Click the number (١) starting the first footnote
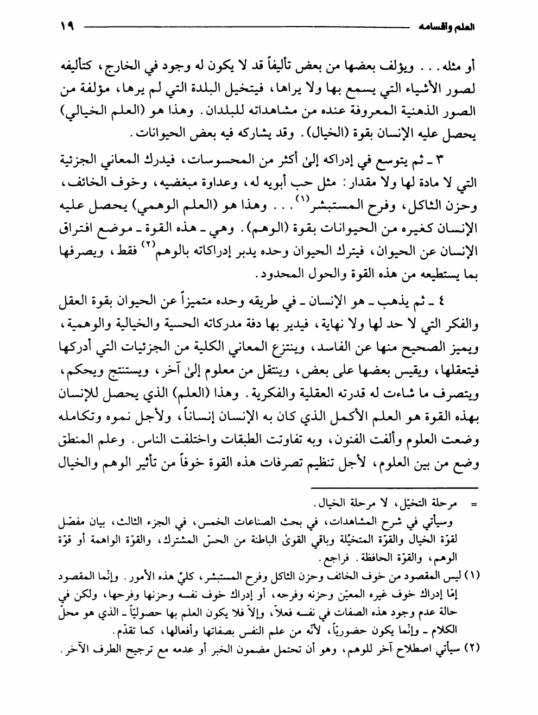[x=473, y=589]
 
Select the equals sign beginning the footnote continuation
[x=472, y=505]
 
